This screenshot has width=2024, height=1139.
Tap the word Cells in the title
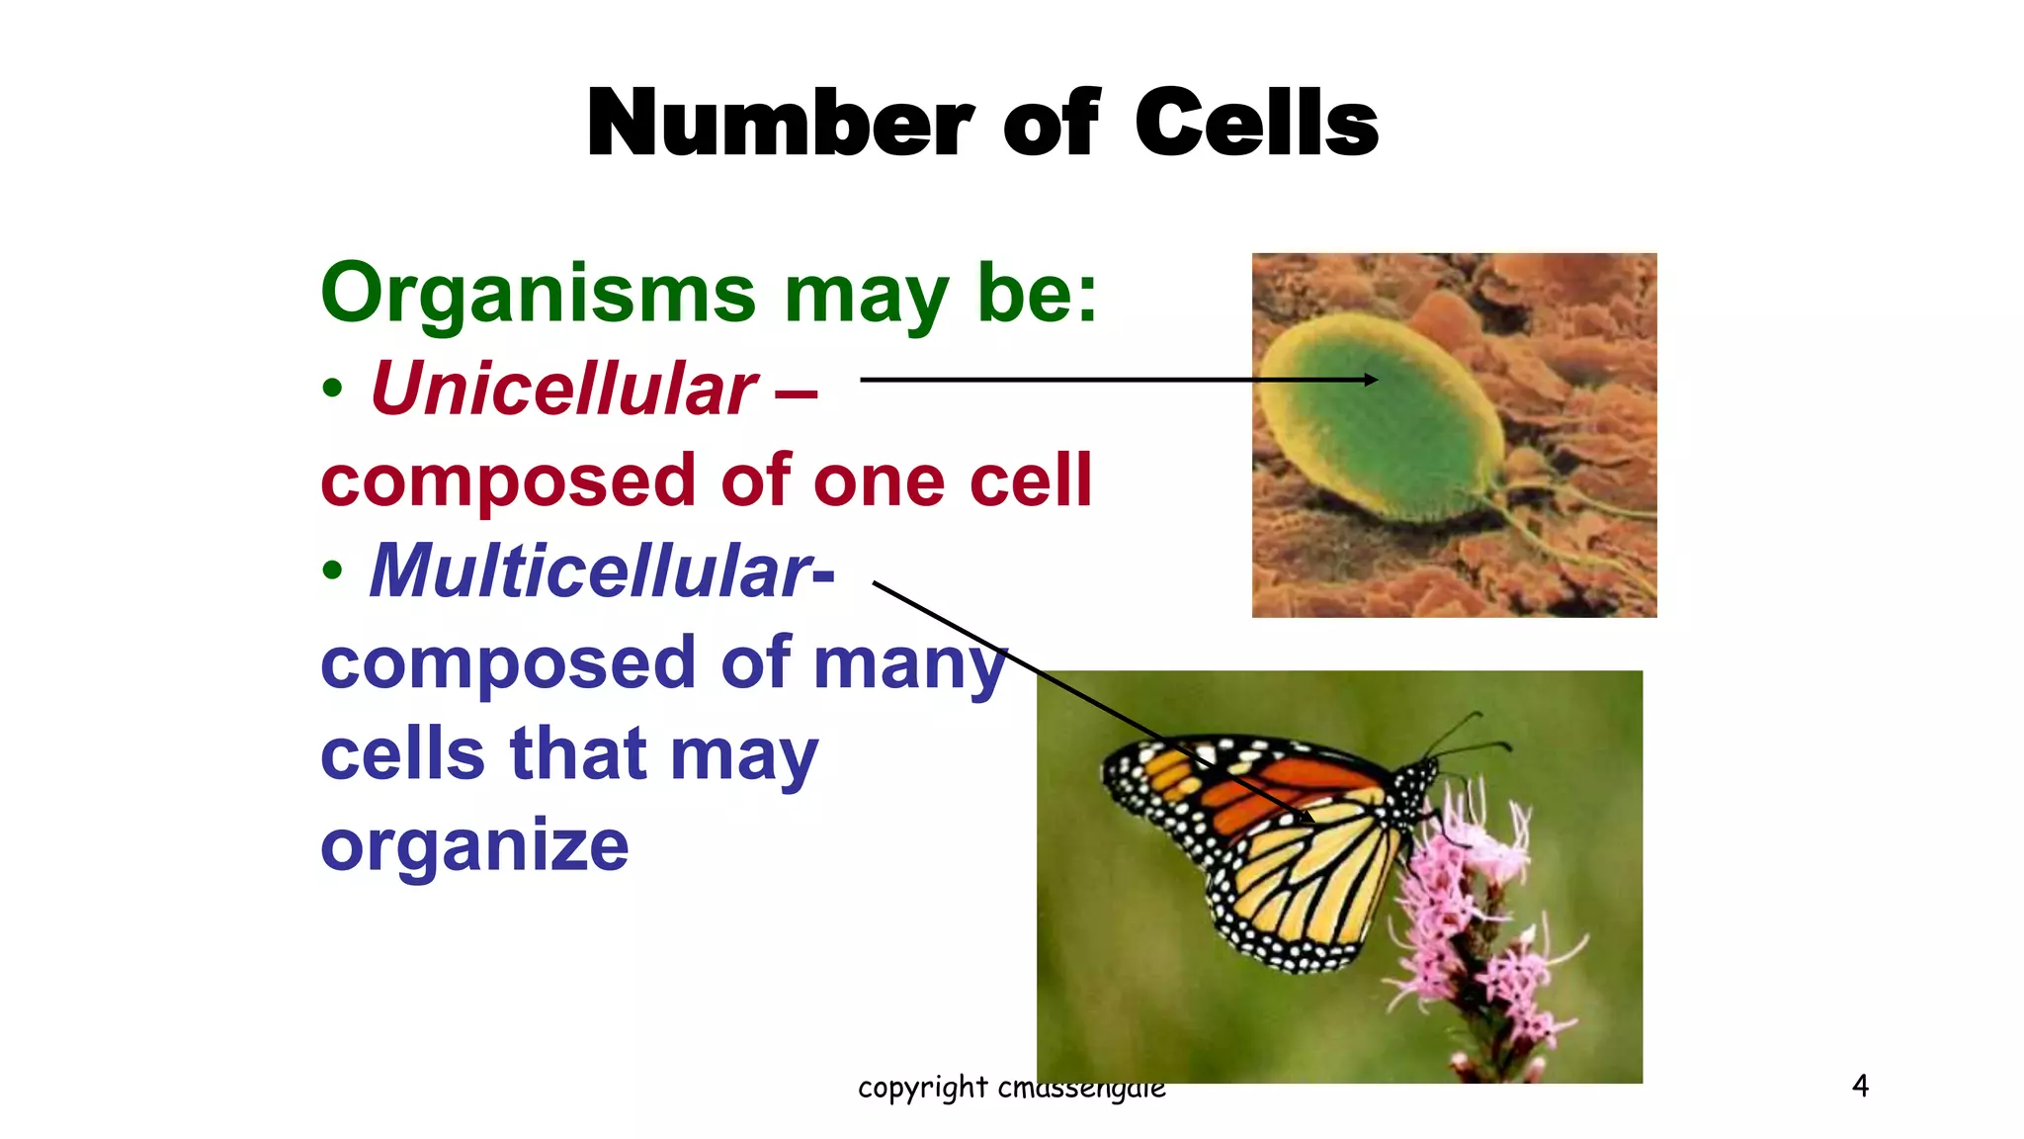[1256, 124]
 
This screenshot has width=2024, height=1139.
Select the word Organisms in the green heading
[539, 295]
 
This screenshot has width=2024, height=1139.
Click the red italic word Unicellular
[563, 389]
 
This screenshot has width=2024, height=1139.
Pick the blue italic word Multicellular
[590, 571]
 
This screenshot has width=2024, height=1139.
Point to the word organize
[474, 846]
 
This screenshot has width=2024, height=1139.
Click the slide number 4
[1860, 1086]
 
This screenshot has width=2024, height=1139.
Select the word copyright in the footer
[922, 1088]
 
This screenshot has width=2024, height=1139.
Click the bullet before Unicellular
[333, 389]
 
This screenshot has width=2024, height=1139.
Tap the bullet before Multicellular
[333, 570]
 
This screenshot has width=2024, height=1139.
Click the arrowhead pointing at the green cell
[1370, 380]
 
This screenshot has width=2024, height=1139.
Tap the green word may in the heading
[865, 295]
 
